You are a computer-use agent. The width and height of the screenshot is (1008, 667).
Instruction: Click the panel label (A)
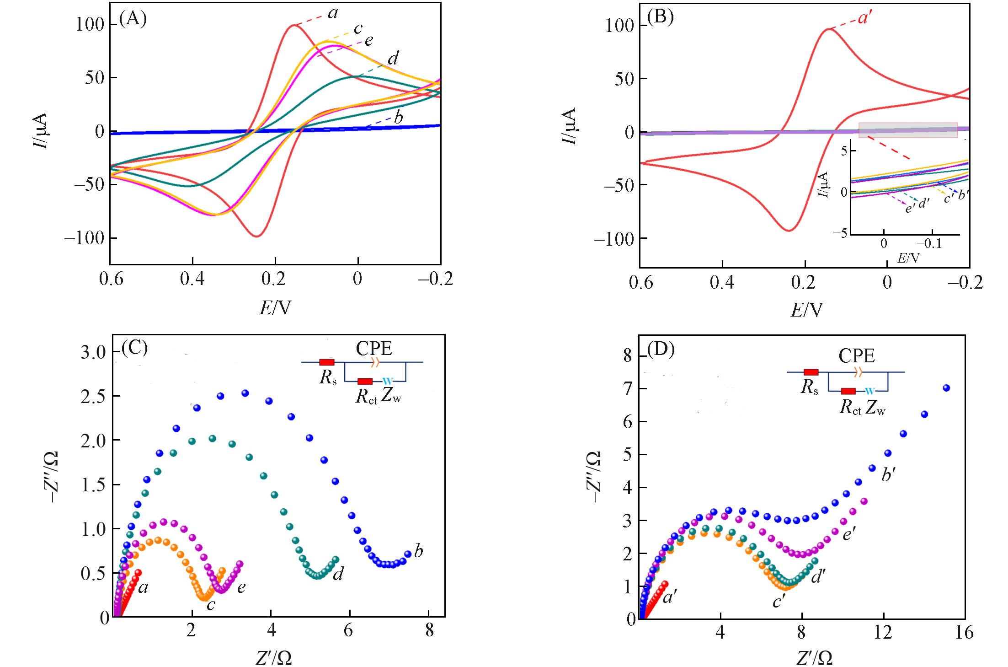coord(133,19)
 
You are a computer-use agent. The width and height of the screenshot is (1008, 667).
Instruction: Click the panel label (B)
coord(661,20)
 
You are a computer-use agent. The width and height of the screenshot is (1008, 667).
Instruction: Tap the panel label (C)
coord(135,348)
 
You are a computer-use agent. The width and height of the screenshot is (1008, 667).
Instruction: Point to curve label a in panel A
coord(333,14)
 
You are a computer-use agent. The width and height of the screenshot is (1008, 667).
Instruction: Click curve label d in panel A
coord(393,59)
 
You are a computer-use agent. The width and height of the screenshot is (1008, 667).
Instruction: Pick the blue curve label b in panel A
coord(398,118)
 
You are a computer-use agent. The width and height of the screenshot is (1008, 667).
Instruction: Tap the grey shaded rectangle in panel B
coord(908,130)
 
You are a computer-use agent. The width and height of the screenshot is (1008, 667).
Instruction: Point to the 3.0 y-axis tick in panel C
coord(94,352)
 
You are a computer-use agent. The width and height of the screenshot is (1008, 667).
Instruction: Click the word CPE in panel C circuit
coord(374,349)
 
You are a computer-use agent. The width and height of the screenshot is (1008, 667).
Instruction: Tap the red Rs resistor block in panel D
coord(811,372)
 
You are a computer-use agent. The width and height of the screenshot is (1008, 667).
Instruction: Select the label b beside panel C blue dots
coord(418,551)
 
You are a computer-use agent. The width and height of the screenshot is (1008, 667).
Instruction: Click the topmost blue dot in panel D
coord(946,388)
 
